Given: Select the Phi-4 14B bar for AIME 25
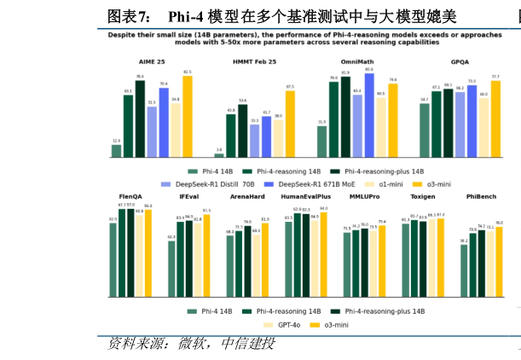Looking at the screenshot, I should pyautogui.click(x=116, y=151).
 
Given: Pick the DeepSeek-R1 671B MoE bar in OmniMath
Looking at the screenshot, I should pyautogui.click(x=369, y=115).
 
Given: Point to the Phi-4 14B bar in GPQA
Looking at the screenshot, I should pyautogui.click(x=425, y=131).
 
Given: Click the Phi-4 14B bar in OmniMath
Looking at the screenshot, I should pyautogui.click(x=322, y=142).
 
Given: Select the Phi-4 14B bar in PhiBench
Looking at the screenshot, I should pyautogui.click(x=465, y=270).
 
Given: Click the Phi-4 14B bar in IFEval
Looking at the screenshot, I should pyautogui.click(x=171, y=269).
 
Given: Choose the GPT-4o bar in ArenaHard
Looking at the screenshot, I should pyautogui.click(x=256, y=265).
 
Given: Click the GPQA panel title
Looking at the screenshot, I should pyautogui.click(x=460, y=62).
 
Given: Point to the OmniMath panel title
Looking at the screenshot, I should pyautogui.click(x=356, y=62).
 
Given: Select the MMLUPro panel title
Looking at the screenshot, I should pyautogui.click(x=364, y=197).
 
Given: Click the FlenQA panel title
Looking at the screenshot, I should pyautogui.click(x=130, y=197).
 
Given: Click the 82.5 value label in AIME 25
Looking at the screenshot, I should pyautogui.click(x=187, y=73).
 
